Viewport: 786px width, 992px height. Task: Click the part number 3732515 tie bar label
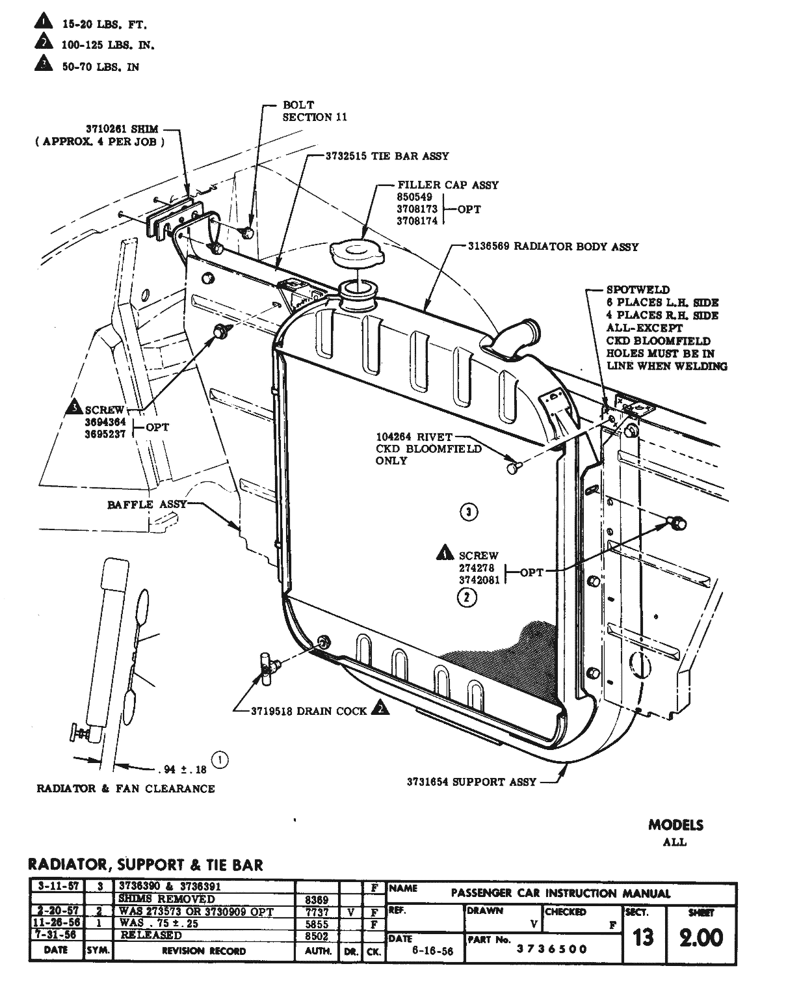387,156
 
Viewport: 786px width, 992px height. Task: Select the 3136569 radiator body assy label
553,247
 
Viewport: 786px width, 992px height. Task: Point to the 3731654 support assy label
471,781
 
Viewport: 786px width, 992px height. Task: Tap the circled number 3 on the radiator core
469,512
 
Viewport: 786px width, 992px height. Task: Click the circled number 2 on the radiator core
466,597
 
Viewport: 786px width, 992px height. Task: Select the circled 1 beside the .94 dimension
220,759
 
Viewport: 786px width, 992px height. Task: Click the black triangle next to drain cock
380,709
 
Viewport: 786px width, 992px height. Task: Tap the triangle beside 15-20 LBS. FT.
44,24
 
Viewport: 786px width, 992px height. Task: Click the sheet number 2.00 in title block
701,937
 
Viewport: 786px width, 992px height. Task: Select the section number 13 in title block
643,938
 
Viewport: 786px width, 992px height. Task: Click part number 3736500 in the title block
551,949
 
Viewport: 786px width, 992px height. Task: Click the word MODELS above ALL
675,825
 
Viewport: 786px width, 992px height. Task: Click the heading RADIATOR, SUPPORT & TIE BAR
146,865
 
